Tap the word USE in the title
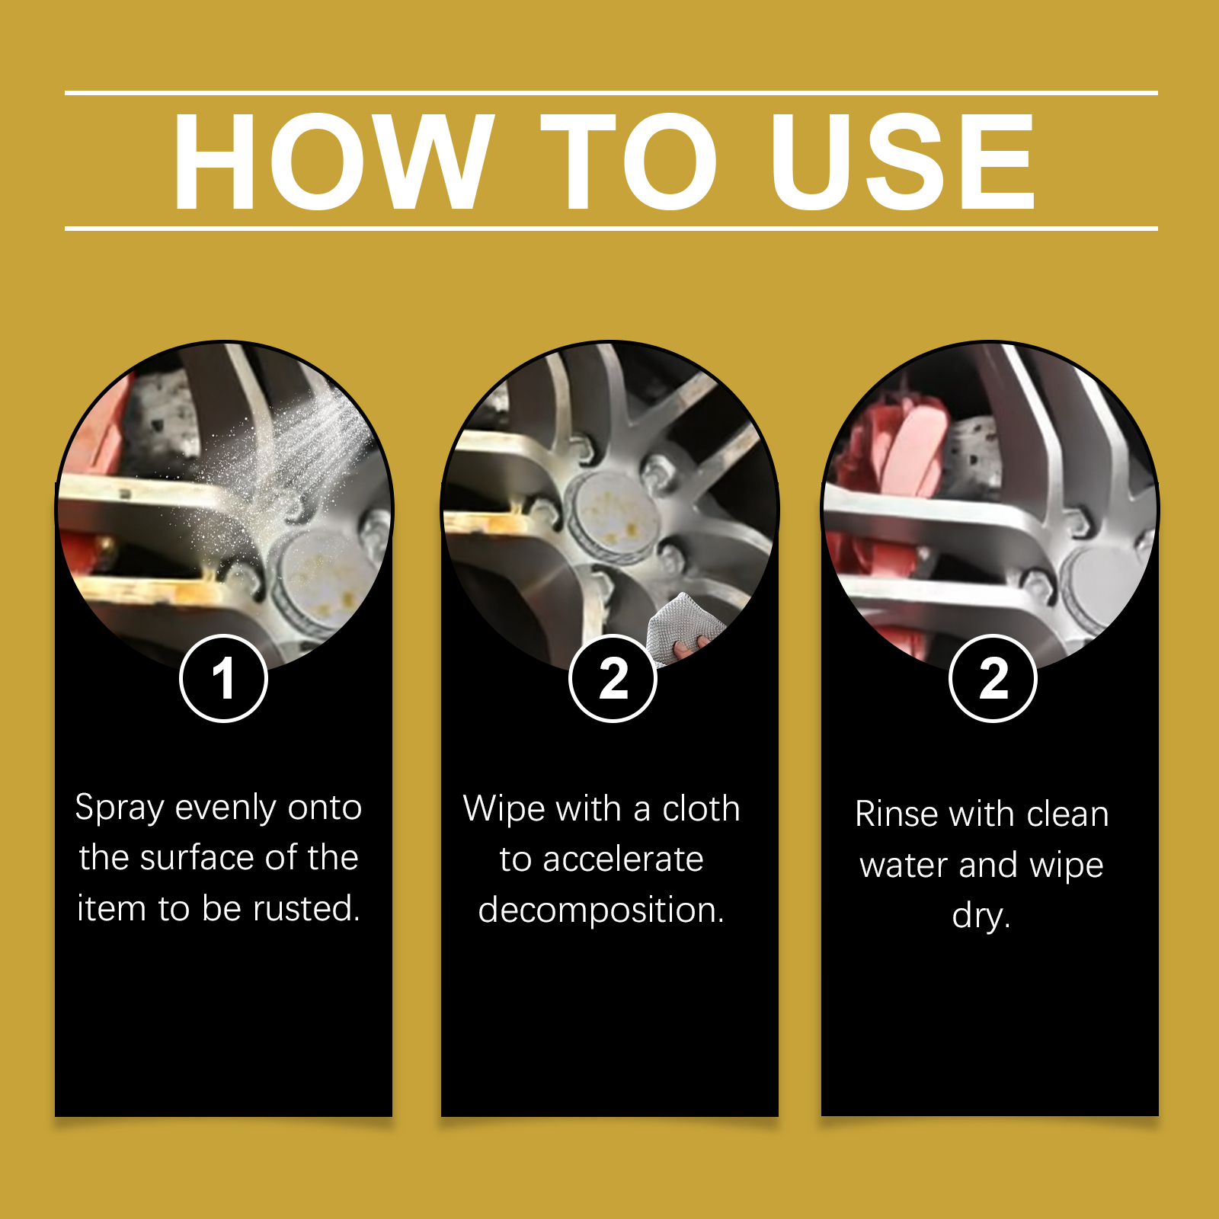903,161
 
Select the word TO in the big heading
629,161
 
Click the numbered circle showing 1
223,678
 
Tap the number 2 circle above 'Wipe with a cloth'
613,678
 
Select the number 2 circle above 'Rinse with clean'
993,678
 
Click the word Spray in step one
120,809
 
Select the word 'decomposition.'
601,910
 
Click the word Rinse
897,814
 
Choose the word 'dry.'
981,916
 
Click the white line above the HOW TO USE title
611,93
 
